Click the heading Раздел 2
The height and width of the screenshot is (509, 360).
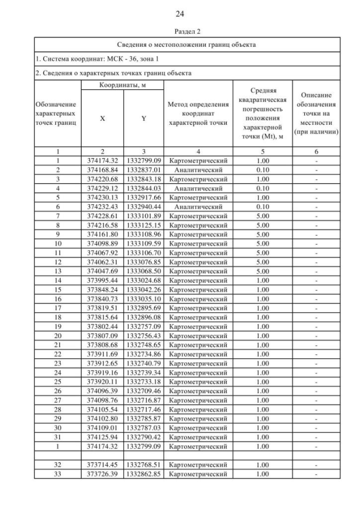coord(179,32)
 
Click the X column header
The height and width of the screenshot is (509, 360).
coord(102,119)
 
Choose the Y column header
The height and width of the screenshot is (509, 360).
coord(144,119)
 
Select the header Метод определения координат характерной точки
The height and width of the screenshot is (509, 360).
coord(198,114)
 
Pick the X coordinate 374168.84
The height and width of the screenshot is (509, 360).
coord(102,169)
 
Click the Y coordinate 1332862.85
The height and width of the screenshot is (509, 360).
coord(144,473)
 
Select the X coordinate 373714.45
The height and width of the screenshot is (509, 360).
coord(102,465)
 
